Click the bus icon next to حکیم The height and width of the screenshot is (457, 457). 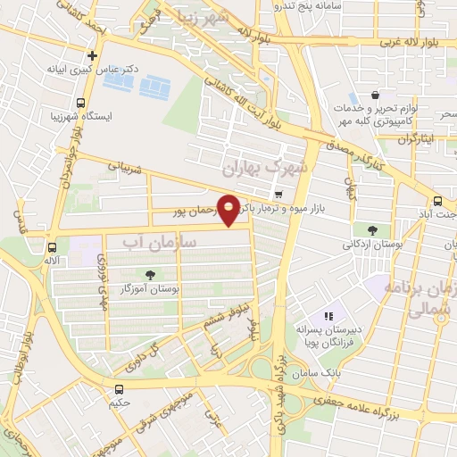click(x=120, y=388)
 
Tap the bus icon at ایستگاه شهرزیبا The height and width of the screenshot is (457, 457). click(x=81, y=102)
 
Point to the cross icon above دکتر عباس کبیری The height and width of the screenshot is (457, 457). click(x=92, y=55)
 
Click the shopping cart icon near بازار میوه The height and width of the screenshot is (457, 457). click(x=279, y=194)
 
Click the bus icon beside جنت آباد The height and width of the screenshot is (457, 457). click(x=438, y=201)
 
